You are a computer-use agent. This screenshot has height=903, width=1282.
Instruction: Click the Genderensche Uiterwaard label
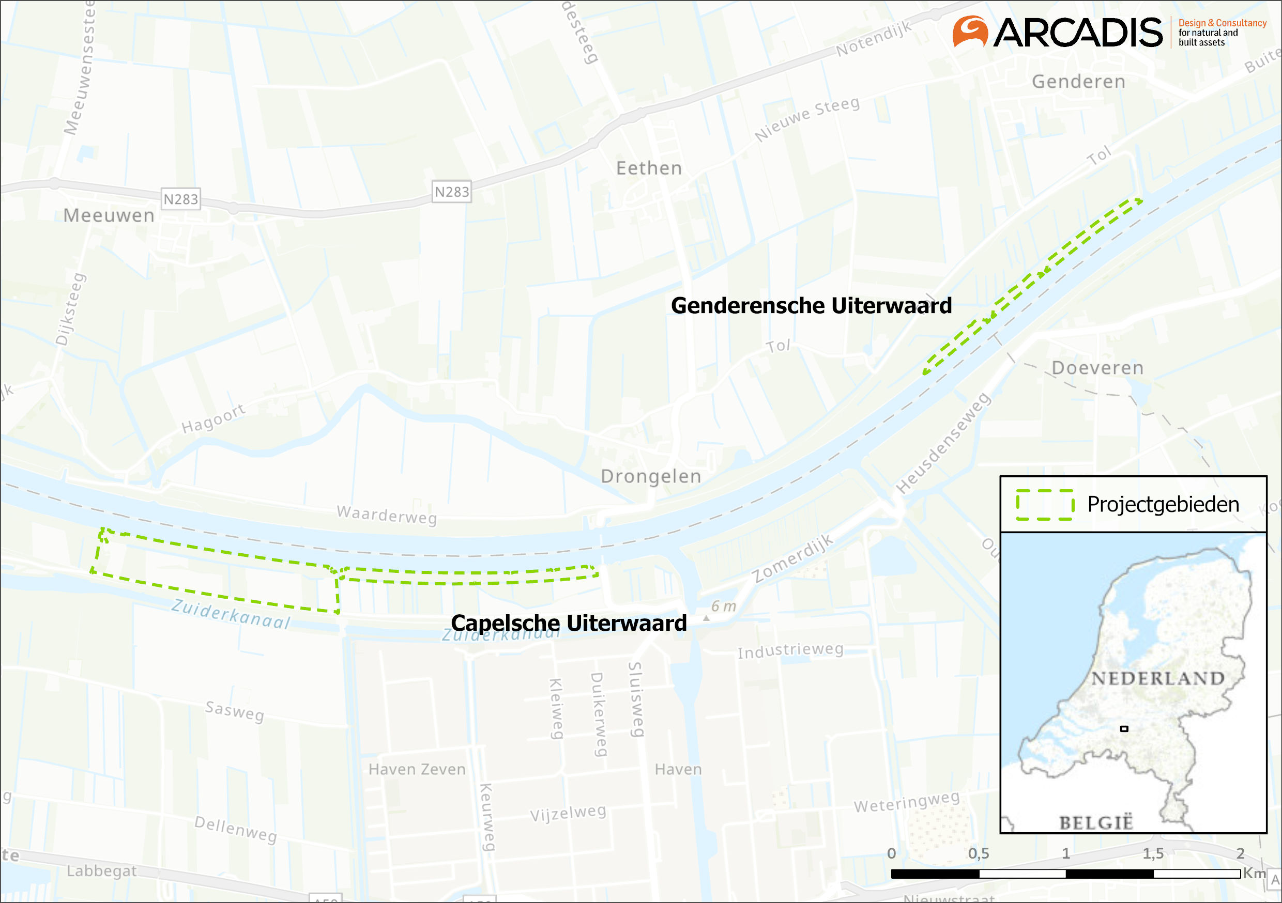[811, 306]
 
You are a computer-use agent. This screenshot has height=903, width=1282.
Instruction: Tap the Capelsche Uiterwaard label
[569, 623]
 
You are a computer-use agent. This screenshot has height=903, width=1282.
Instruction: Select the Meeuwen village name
[109, 215]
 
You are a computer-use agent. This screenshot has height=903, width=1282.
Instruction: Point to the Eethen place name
[649, 168]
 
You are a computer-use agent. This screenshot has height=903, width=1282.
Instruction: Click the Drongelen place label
[650, 476]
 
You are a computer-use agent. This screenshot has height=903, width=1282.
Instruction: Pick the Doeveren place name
[1097, 368]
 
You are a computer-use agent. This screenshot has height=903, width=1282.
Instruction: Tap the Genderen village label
[1078, 82]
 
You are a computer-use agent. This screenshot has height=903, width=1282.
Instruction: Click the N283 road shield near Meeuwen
[180, 199]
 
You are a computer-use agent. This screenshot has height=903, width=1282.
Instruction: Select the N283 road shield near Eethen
[452, 192]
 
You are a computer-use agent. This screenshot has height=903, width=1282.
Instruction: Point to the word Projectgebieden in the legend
[1163, 504]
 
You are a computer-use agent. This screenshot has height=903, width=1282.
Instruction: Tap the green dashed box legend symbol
[1044, 505]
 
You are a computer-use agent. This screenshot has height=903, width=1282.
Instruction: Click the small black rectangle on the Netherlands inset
[1124, 728]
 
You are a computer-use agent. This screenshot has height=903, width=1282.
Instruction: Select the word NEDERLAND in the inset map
[1157, 678]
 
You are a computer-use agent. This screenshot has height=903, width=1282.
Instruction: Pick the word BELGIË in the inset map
[1096, 822]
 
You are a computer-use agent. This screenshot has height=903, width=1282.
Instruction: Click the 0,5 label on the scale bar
[978, 853]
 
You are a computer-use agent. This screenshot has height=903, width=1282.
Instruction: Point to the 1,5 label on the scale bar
[1152, 853]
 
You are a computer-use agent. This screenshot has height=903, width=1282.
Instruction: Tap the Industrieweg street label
[790, 651]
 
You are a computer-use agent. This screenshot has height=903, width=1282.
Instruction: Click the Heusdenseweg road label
[943, 444]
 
